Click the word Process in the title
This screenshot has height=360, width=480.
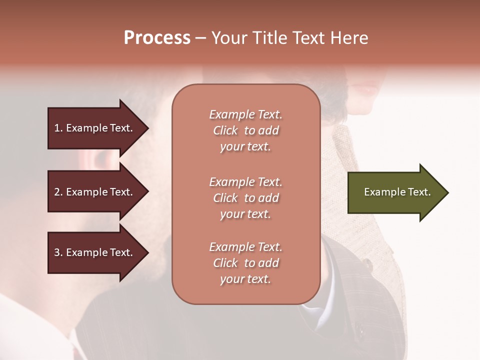(x=157, y=38)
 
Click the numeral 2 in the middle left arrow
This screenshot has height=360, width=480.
(x=57, y=192)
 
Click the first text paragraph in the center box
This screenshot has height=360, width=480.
(x=245, y=130)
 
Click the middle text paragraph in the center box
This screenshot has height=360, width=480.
(x=245, y=198)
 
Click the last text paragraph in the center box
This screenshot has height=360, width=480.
(x=245, y=263)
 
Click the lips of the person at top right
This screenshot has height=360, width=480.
(x=369, y=90)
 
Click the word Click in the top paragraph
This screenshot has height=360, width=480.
(x=225, y=131)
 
